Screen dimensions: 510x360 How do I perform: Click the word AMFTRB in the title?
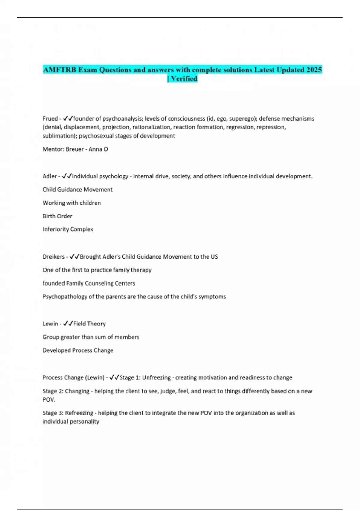tap(59, 70)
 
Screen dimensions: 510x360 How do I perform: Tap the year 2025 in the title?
tap(314, 70)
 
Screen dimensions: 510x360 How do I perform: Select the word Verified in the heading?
tap(184, 79)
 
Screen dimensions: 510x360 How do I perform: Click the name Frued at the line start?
tap(50, 119)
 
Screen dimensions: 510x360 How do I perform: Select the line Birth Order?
tap(57, 216)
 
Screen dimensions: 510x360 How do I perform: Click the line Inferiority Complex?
tap(68, 229)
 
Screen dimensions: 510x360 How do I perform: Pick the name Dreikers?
tap(53, 257)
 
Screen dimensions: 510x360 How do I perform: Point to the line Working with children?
tap(72, 203)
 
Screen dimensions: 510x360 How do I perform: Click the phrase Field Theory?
tap(89, 324)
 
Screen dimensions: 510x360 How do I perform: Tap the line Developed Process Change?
tap(78, 350)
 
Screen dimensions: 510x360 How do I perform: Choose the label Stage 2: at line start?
tap(52, 391)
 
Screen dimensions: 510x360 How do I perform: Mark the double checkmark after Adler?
tap(67, 176)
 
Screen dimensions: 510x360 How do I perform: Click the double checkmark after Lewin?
tap(68, 324)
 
